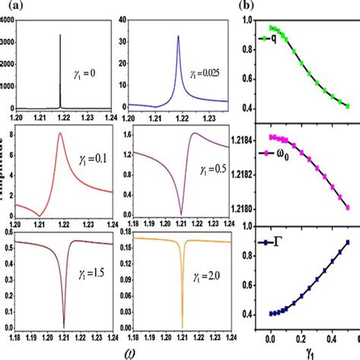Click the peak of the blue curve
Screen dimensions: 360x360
click(177, 36)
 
